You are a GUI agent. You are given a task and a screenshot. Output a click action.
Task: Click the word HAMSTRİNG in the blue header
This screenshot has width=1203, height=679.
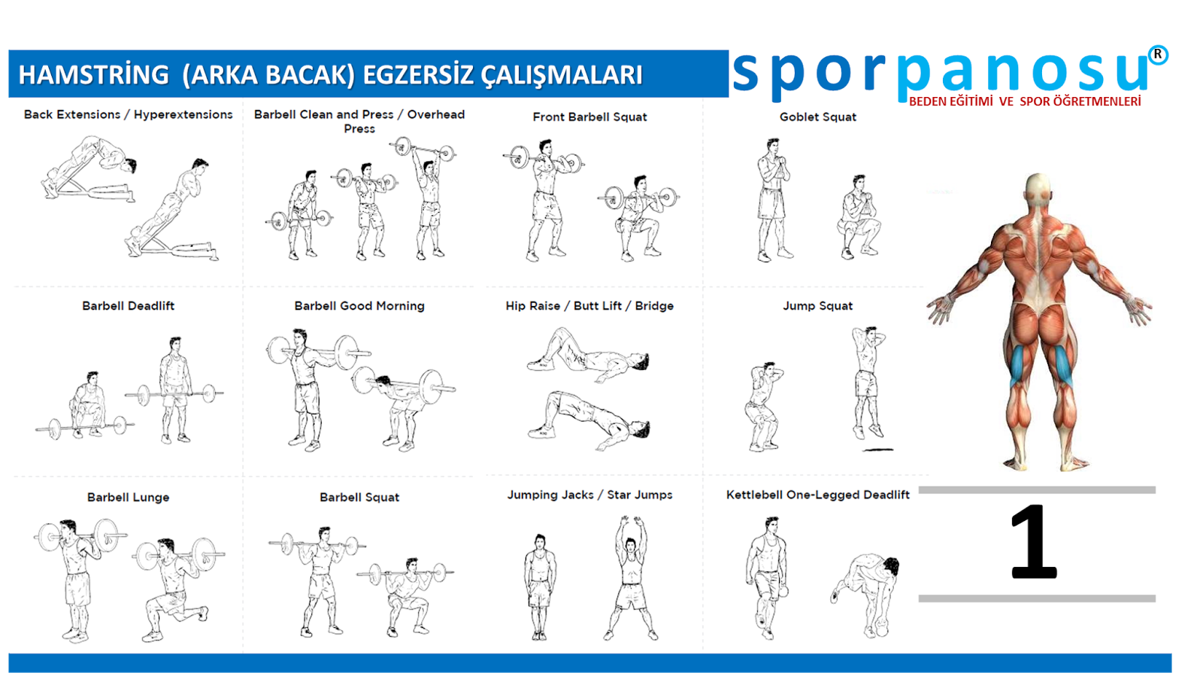(x=94, y=74)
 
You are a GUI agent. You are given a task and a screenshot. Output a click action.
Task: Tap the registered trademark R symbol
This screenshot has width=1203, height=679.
(x=1158, y=55)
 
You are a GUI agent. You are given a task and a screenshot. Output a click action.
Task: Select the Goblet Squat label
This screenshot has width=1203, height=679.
(x=818, y=117)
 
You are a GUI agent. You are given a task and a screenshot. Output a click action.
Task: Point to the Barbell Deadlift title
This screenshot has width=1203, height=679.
(x=129, y=306)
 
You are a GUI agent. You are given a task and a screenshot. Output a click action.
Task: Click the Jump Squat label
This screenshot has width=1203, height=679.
(x=817, y=306)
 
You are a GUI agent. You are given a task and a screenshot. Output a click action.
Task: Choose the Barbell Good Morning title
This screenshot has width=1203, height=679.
(x=359, y=306)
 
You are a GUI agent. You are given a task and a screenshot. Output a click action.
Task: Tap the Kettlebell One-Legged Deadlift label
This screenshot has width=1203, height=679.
(x=818, y=495)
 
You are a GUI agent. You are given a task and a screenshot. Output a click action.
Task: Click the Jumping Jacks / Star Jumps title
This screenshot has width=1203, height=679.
(x=589, y=495)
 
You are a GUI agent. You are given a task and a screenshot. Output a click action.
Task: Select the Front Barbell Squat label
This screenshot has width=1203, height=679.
(x=589, y=117)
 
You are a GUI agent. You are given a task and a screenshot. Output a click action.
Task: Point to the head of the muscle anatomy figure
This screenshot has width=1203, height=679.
(x=1038, y=191)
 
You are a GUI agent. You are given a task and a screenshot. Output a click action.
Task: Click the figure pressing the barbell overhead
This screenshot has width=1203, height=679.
(x=429, y=199)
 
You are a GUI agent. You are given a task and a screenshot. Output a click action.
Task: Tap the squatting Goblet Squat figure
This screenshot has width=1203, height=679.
(x=859, y=217)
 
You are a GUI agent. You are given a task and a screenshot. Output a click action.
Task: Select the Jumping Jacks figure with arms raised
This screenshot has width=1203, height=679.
(x=632, y=578)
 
